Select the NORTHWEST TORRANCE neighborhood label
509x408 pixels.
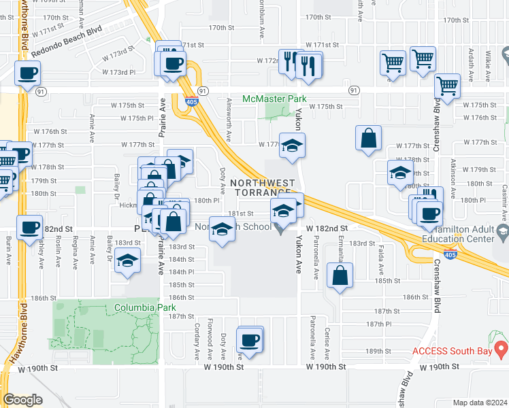click(263, 188)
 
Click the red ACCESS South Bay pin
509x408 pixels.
click(502, 350)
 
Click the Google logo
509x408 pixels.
click(22, 400)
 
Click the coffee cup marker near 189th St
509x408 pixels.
click(250, 339)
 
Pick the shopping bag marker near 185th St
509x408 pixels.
click(340, 276)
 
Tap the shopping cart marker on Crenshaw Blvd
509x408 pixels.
click(447, 86)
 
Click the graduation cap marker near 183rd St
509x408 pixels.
click(127, 261)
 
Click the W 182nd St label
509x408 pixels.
click(327, 228)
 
